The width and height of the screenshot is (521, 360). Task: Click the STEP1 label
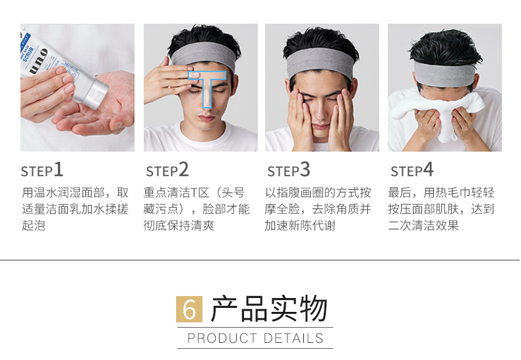(x=42, y=170)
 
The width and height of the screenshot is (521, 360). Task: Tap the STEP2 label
(x=167, y=170)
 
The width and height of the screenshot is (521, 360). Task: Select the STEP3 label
(x=288, y=170)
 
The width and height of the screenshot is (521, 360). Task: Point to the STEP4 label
(x=412, y=170)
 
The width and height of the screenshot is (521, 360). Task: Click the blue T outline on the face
(x=206, y=77)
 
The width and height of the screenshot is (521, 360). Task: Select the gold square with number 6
(x=189, y=309)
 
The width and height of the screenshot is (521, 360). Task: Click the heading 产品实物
(x=269, y=309)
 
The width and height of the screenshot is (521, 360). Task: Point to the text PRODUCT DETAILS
(x=255, y=338)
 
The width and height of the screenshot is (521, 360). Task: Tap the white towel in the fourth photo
(x=438, y=111)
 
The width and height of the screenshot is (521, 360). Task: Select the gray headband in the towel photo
(x=444, y=74)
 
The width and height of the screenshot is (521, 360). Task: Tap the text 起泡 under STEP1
(x=33, y=225)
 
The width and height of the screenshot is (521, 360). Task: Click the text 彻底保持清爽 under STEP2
(x=179, y=225)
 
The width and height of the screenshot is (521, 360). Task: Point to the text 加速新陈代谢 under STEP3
(x=300, y=225)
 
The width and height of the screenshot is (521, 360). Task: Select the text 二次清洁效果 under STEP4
(x=423, y=225)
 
